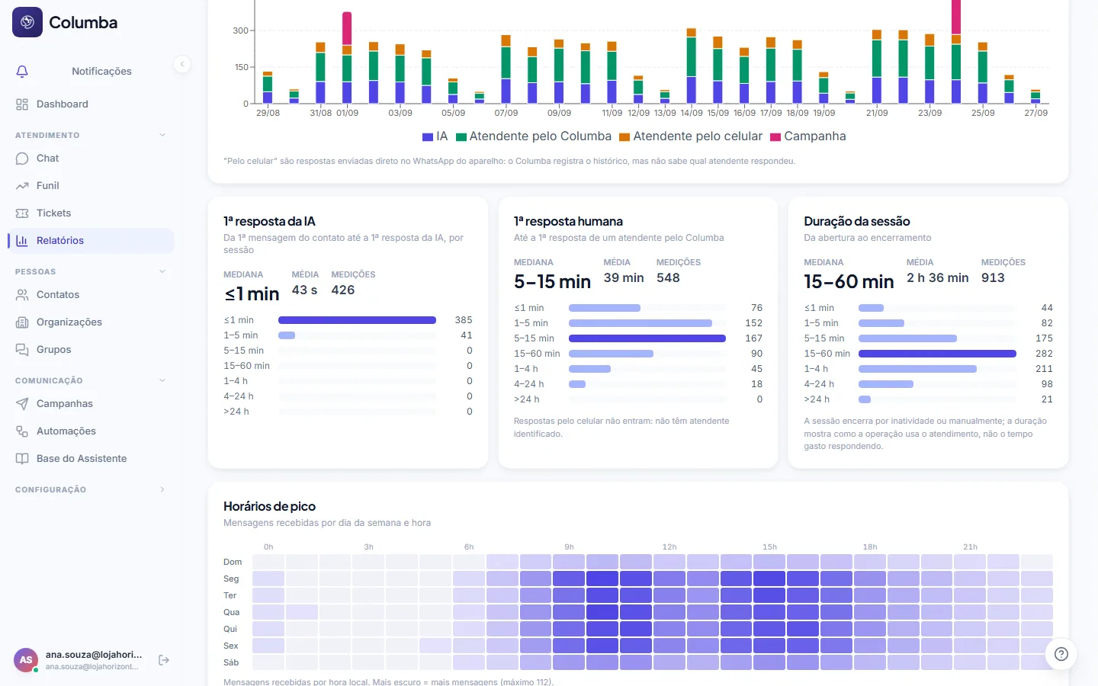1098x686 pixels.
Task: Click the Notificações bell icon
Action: (22, 72)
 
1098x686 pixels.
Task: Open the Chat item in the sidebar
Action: (47, 159)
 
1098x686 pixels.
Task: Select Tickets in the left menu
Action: (53, 213)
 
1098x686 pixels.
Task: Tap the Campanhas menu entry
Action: (64, 404)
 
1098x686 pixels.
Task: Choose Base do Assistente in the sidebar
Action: (82, 459)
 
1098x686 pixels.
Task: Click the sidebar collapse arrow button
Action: (182, 64)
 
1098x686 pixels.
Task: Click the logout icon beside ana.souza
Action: (164, 660)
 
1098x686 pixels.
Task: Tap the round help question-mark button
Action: (1061, 654)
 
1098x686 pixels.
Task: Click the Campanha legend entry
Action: (808, 136)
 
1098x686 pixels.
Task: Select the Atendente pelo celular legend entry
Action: (691, 136)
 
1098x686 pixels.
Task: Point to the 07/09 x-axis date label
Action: (506, 113)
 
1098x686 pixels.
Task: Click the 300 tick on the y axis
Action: (241, 30)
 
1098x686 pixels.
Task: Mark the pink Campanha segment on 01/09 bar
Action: (347, 28)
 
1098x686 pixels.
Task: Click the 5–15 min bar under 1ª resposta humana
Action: (647, 338)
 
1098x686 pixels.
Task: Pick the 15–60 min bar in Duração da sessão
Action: (937, 354)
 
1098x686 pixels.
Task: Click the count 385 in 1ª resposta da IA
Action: (464, 320)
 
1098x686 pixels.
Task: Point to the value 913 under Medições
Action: (993, 277)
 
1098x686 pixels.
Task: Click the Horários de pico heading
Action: (270, 506)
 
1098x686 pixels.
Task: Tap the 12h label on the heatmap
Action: (669, 547)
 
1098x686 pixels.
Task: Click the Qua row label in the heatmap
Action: (231, 612)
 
